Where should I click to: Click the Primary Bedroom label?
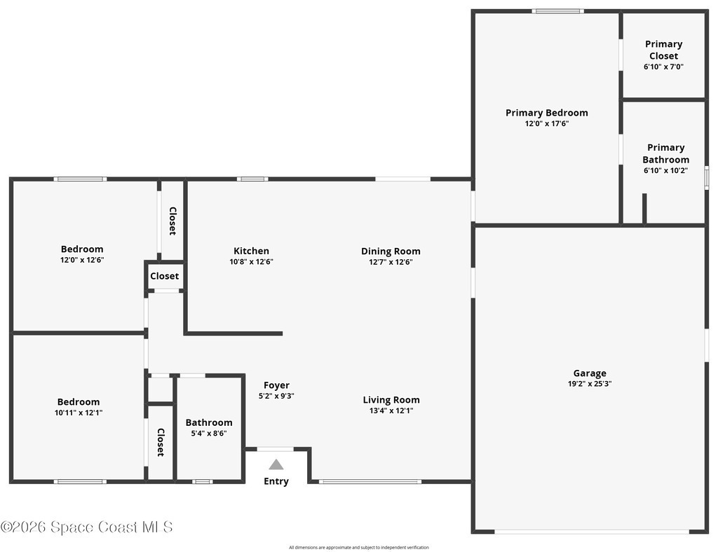(547, 113)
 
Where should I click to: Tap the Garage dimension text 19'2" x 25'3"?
(590, 384)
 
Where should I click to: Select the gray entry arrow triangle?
(276, 464)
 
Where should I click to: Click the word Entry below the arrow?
(276, 481)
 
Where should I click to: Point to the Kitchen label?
(252, 251)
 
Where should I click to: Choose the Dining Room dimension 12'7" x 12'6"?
(391, 262)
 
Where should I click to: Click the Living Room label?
(391, 400)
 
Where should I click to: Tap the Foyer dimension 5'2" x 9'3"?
(276, 396)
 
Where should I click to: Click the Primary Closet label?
(664, 50)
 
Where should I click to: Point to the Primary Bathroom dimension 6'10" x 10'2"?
(666, 171)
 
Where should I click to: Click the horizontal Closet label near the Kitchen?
(164, 276)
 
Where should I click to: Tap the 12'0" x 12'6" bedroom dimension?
(83, 260)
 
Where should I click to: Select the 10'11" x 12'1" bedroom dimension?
(79, 413)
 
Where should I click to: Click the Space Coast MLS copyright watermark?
(86, 527)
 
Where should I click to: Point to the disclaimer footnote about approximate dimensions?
(359, 547)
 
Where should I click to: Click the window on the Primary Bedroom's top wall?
(557, 11)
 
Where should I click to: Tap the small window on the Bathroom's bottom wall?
(202, 481)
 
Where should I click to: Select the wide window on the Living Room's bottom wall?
(370, 481)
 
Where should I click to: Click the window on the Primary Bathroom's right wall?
(707, 177)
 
